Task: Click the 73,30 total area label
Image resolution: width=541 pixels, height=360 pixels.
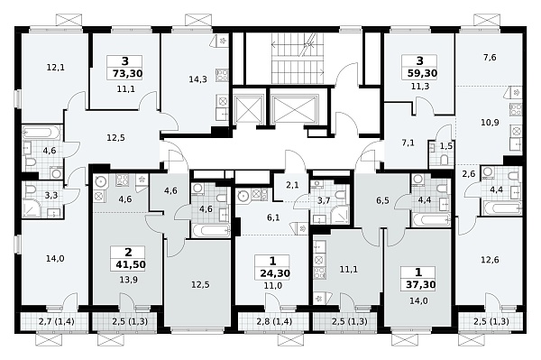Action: (127, 73)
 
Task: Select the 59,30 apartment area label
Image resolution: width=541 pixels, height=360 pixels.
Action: (422, 73)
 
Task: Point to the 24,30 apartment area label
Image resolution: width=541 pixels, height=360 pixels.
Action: (275, 273)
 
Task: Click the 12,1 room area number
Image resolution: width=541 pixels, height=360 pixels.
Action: (55, 68)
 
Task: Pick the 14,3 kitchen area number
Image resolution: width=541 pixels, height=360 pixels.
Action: (197, 79)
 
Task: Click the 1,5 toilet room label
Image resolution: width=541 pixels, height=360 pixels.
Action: (446, 146)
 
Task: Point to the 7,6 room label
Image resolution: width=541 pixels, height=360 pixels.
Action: (490, 58)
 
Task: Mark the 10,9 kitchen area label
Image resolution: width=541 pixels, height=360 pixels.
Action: (490, 122)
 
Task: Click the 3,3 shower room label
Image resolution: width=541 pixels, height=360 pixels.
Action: (51, 196)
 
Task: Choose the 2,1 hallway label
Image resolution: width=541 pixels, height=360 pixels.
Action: (292, 185)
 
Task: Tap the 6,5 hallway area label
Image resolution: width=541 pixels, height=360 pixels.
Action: (382, 200)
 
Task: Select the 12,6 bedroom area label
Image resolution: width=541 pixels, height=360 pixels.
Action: (490, 260)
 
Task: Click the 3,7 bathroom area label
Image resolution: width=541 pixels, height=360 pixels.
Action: (324, 200)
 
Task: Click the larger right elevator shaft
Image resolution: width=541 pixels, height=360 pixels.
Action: (294, 109)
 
